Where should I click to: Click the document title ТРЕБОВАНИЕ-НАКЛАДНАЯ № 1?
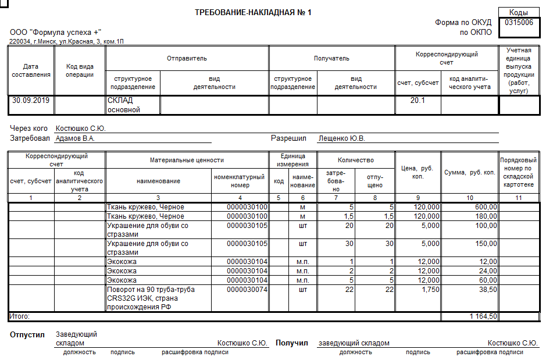pyautogui.click(x=253, y=12)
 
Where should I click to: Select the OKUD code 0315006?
pyautogui.click(x=519, y=23)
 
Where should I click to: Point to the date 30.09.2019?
pyautogui.click(x=31, y=100)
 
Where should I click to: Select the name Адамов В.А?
pyautogui.click(x=75, y=139)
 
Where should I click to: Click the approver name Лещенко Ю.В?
pyautogui.click(x=341, y=139)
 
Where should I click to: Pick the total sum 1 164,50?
pyautogui.click(x=483, y=316)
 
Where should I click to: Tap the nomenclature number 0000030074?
pyautogui.click(x=247, y=290)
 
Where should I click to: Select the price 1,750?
pyautogui.click(x=429, y=290)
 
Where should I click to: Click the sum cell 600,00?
pyautogui.click(x=486, y=207)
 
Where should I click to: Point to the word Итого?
pyautogui.click(x=20, y=316)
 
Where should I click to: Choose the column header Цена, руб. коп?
pyautogui.click(x=418, y=172)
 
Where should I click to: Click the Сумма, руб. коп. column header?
pyautogui.click(x=469, y=172)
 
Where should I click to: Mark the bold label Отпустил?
pyautogui.click(x=27, y=335)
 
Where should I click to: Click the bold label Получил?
pyautogui.click(x=291, y=343)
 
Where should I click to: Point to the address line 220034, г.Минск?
pyautogui.click(x=66, y=42)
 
